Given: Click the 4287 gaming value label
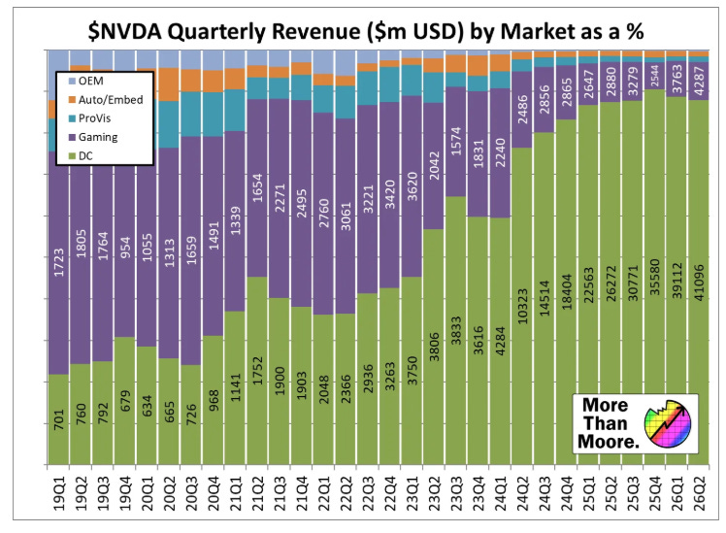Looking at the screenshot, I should click(x=697, y=80).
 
